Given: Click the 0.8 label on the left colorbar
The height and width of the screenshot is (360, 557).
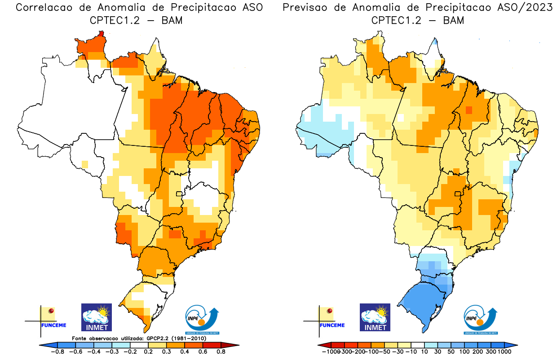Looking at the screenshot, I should tap(221, 352).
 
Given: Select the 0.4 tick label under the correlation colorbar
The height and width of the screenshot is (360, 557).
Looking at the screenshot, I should tap(185, 352).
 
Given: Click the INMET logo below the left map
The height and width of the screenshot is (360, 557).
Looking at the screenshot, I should tap(96, 317).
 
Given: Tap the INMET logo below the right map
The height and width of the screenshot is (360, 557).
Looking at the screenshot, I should tap(375, 317).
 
